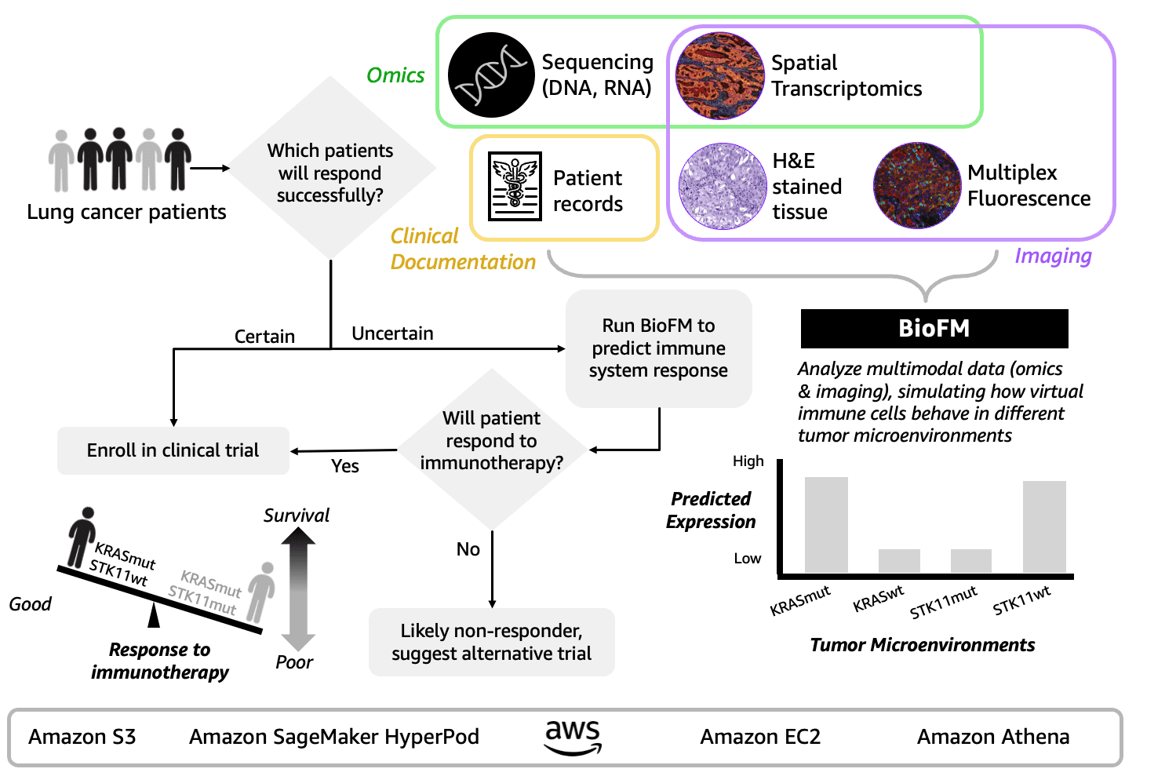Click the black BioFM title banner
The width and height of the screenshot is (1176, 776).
click(x=934, y=328)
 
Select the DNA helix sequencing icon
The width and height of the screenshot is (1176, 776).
click(x=491, y=75)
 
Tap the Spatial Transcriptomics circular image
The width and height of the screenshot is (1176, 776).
click(x=719, y=75)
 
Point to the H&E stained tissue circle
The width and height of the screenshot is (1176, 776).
click(x=722, y=186)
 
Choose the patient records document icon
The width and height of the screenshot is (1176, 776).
click(x=515, y=186)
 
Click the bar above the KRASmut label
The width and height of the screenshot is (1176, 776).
click(x=826, y=524)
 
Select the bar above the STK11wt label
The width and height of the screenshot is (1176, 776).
click(x=1044, y=526)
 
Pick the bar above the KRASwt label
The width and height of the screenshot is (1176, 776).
click(x=899, y=560)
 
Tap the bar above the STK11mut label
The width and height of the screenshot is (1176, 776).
click(x=971, y=560)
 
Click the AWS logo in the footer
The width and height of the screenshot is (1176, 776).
click(x=573, y=737)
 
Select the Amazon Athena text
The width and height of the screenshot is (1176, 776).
click(x=993, y=737)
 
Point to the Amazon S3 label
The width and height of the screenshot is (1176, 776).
click(x=82, y=737)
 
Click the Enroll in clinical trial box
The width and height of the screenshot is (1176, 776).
click(x=173, y=450)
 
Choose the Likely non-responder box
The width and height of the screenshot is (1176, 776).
click(x=492, y=642)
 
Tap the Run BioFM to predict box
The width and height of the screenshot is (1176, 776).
click(x=659, y=348)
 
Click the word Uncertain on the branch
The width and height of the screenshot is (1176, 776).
click(x=392, y=333)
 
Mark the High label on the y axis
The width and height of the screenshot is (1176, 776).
click(x=748, y=461)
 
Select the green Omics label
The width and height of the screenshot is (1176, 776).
click(x=395, y=75)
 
